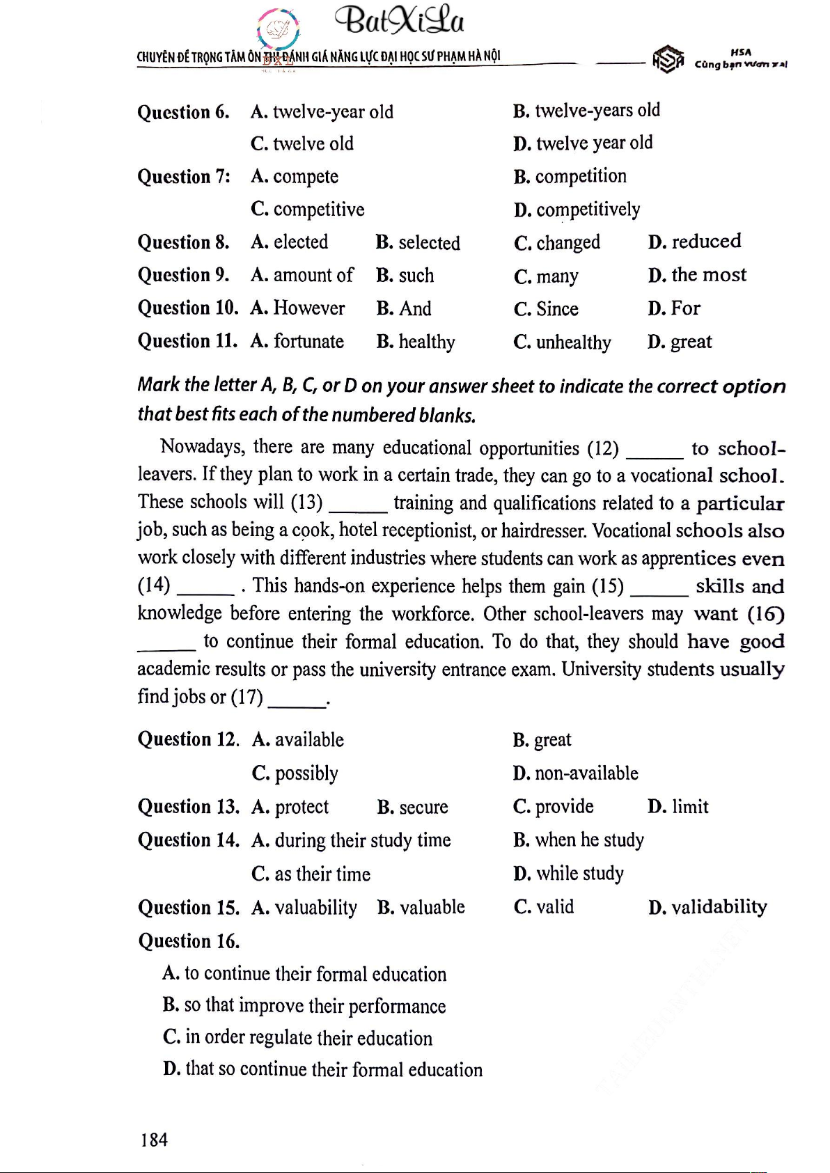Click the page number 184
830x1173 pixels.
point(154,1140)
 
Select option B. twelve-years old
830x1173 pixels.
point(586,111)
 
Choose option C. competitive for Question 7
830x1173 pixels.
point(307,210)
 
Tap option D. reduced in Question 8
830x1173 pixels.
point(694,242)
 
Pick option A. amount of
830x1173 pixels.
point(302,276)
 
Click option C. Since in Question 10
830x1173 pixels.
point(546,309)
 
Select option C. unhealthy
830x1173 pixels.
point(562,343)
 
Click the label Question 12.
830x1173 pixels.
point(188,739)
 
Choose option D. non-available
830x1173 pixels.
point(575,773)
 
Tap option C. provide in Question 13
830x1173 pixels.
point(553,807)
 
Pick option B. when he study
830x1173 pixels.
point(578,840)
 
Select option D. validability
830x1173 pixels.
point(707,907)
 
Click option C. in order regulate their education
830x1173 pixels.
point(297,1038)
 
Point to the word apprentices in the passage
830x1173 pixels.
point(688,559)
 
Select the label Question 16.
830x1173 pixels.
point(188,941)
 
